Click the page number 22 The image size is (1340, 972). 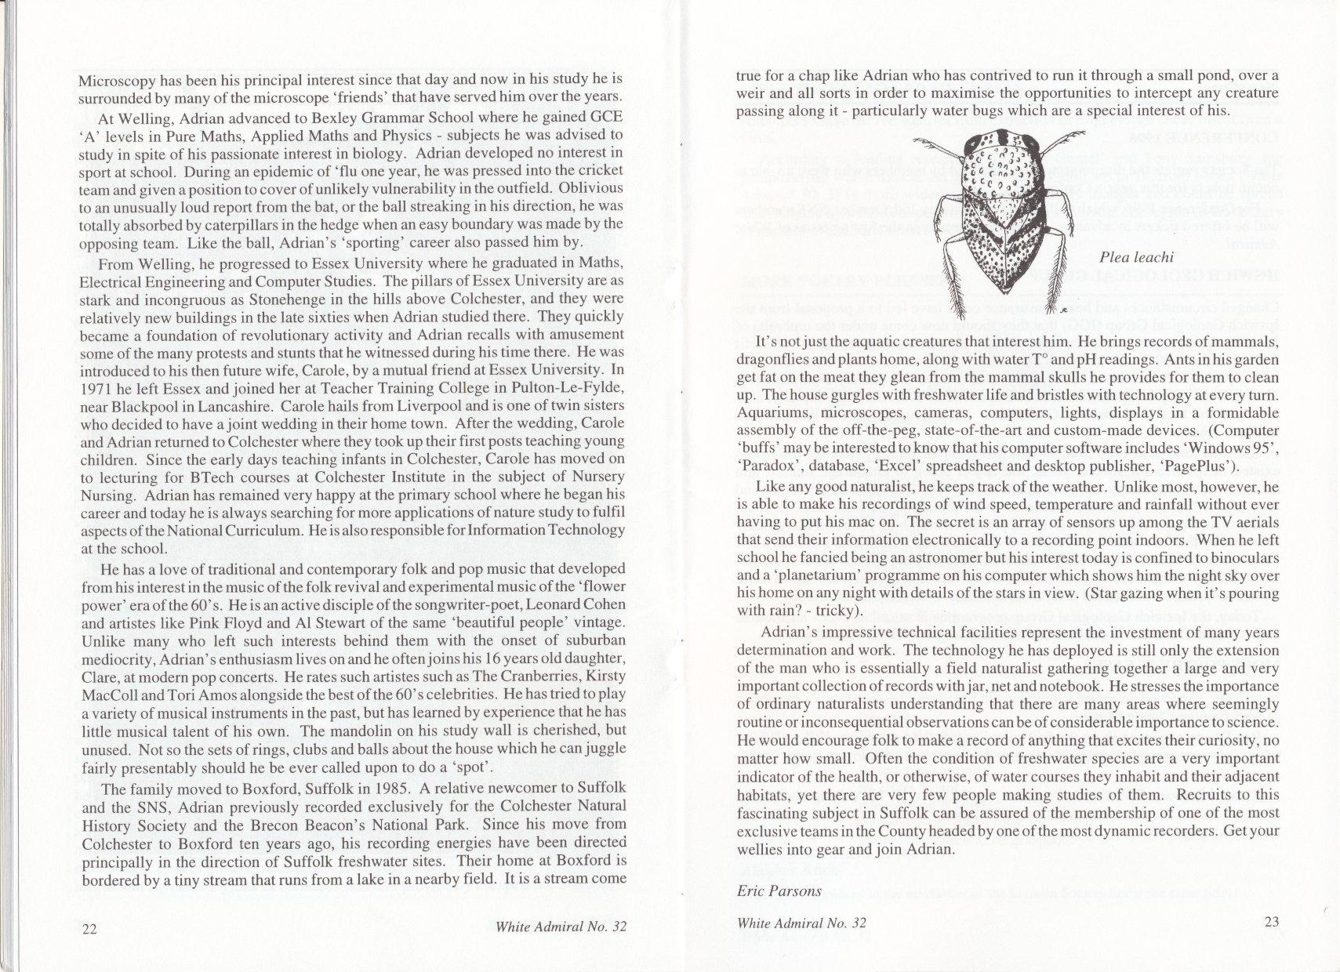89,929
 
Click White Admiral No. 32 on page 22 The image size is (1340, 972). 561,927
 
